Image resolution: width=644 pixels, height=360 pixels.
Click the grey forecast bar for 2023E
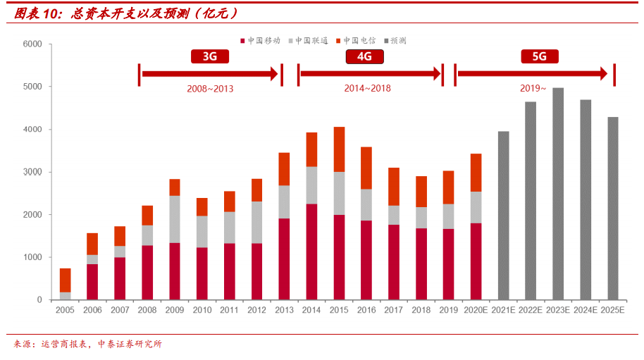coord(558,194)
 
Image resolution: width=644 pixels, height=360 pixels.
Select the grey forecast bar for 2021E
coord(503,216)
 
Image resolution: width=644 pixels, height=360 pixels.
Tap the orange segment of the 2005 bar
coord(65,280)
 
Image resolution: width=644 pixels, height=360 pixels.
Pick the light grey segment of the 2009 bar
coord(175,219)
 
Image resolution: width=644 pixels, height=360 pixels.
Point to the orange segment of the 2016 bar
coord(366,168)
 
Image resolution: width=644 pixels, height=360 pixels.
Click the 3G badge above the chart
coord(209,57)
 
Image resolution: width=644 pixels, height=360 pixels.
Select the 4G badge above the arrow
coord(364,57)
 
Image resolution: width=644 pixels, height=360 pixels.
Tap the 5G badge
coord(539,57)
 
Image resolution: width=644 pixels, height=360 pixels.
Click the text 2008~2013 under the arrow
coord(210,89)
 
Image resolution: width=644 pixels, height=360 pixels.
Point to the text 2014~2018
coord(367,89)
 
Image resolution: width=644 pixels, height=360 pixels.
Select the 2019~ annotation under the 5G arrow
coord(533,89)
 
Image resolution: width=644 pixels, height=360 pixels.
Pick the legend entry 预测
coord(395,40)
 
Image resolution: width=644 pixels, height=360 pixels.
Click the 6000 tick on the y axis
coord(32,44)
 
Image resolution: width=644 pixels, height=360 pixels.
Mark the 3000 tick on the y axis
coord(32,172)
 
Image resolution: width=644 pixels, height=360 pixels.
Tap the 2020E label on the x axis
coord(476,310)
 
